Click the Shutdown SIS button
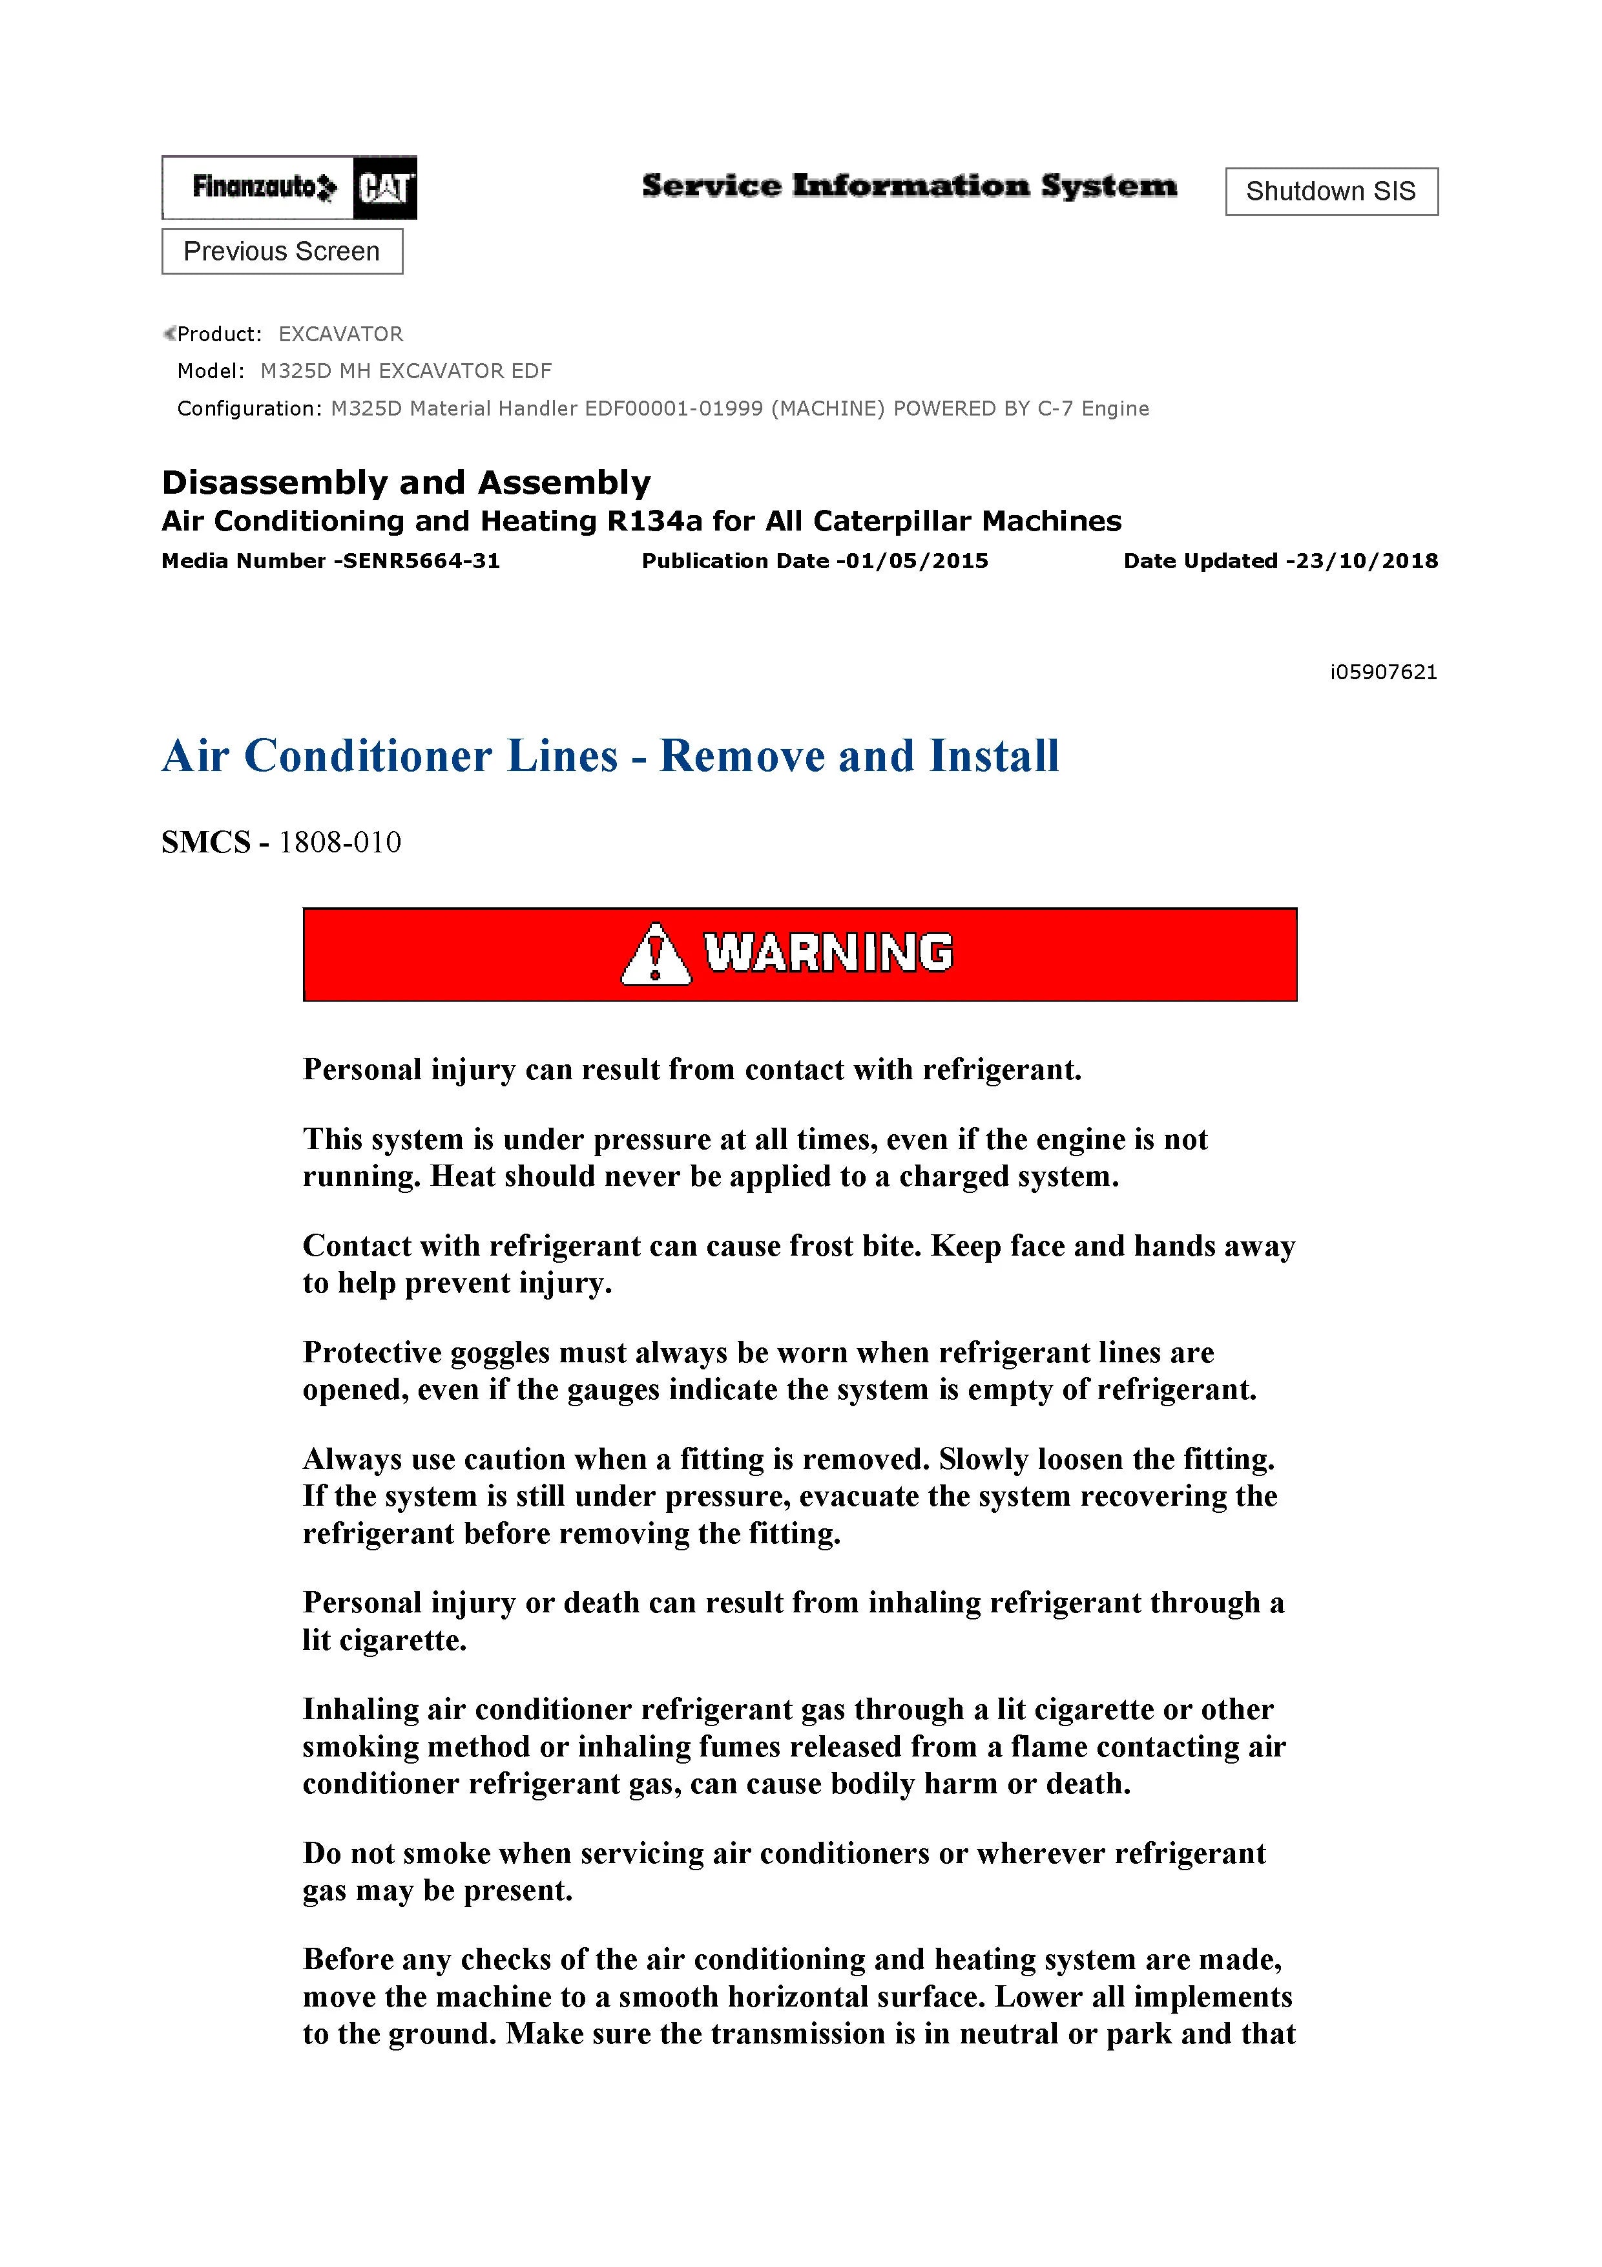click(x=1331, y=191)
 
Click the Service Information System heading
click(x=909, y=185)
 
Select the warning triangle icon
click(x=656, y=954)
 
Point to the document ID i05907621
click(x=1383, y=672)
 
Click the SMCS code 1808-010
click(x=340, y=842)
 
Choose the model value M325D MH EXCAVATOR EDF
click(x=406, y=371)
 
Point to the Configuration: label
click(x=249, y=409)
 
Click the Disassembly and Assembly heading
click(x=406, y=482)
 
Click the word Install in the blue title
click(x=994, y=756)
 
